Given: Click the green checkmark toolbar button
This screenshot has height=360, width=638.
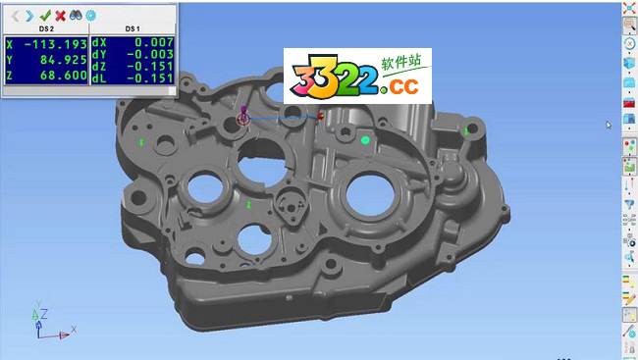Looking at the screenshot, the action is (45, 16).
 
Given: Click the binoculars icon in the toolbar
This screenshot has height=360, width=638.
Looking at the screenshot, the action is (76, 16).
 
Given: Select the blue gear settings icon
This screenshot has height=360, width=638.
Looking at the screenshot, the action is (90, 16).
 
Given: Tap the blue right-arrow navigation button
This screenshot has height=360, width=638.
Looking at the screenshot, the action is (29, 16).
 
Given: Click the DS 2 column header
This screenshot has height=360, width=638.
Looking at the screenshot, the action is (46, 28).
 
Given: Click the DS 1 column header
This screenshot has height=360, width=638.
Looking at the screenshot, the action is (133, 28).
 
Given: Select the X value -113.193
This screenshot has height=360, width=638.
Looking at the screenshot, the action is (56, 44).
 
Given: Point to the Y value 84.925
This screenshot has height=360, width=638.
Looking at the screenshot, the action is (64, 60).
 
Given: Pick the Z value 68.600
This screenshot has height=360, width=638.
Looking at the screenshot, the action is (64, 76).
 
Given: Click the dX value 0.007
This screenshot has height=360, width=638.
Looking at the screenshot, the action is (154, 42).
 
